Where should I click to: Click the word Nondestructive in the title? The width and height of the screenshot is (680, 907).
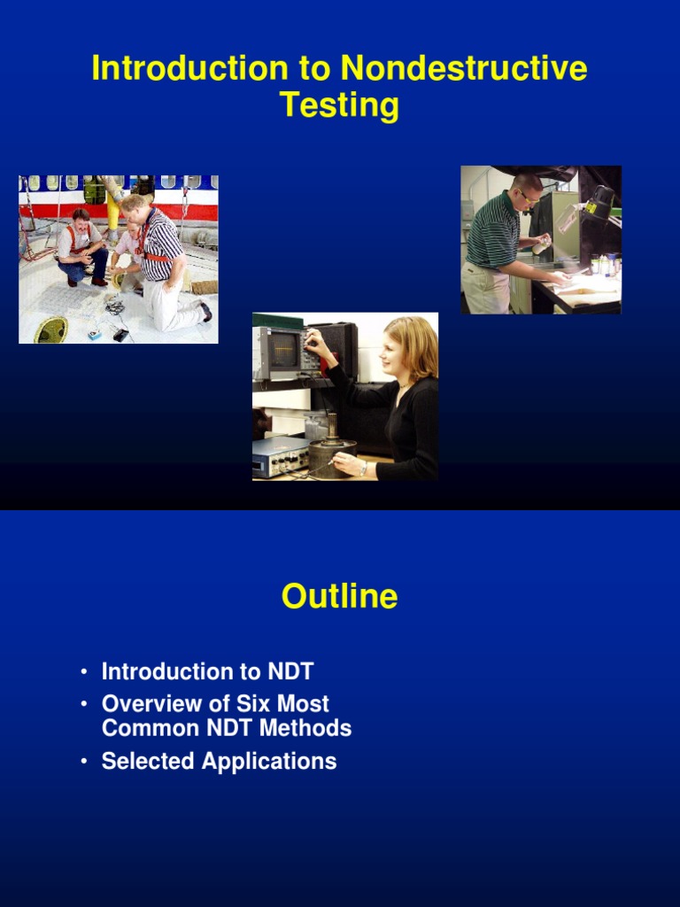(x=463, y=69)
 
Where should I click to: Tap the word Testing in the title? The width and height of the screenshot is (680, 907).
(x=339, y=105)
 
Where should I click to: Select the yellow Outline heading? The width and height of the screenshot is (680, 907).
(x=339, y=597)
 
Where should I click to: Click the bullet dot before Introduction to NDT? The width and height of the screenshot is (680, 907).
(x=84, y=672)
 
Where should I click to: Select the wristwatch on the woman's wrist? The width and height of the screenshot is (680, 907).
(x=362, y=469)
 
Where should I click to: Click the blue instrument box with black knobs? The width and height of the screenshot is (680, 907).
(x=280, y=455)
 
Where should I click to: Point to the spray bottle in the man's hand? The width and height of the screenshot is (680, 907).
(x=541, y=245)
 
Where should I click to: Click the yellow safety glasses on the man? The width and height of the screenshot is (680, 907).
(x=529, y=198)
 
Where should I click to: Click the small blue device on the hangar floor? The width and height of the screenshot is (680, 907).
(x=94, y=335)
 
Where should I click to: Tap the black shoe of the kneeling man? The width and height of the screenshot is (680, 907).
(x=205, y=312)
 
